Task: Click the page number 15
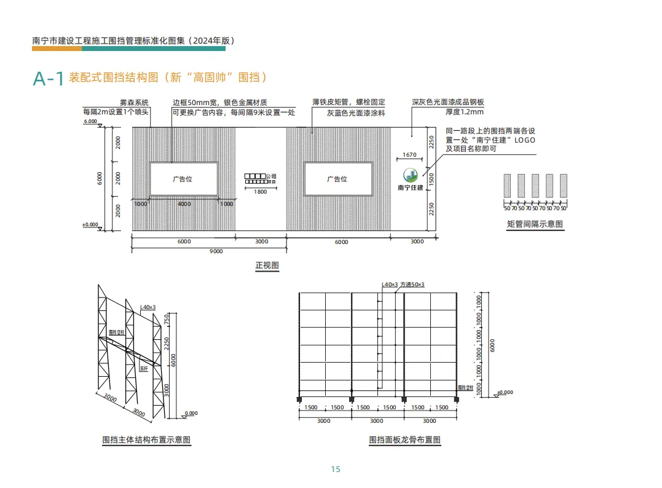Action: [335, 469]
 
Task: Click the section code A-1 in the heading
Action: [48, 79]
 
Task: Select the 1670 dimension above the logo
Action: [409, 155]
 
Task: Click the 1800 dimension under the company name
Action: [260, 192]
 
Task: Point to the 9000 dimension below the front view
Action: [216, 251]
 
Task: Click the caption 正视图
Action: [267, 266]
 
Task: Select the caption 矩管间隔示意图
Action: [535, 224]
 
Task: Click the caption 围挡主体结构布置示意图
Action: [146, 440]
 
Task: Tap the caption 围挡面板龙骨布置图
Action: [404, 440]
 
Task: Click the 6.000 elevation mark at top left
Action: [90, 122]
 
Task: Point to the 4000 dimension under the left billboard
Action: [184, 203]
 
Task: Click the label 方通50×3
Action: [412, 285]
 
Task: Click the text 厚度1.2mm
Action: [465, 112]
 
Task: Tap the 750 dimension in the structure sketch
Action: [167, 320]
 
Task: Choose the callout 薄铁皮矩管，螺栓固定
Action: [348, 103]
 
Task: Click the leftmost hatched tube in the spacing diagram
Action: [507, 186]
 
